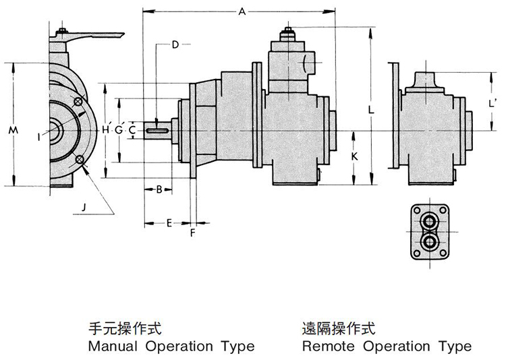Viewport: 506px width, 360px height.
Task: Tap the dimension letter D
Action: [x=175, y=45]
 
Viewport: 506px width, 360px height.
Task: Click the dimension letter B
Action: [x=159, y=189]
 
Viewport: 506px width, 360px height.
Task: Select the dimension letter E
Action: [x=169, y=222]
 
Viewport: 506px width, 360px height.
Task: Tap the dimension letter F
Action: [x=193, y=234]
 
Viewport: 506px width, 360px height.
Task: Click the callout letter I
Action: [x=40, y=136]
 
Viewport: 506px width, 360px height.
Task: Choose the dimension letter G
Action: [x=119, y=129]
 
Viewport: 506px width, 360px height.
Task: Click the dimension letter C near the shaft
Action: [x=132, y=129]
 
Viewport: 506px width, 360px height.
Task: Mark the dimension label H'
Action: [x=106, y=129]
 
